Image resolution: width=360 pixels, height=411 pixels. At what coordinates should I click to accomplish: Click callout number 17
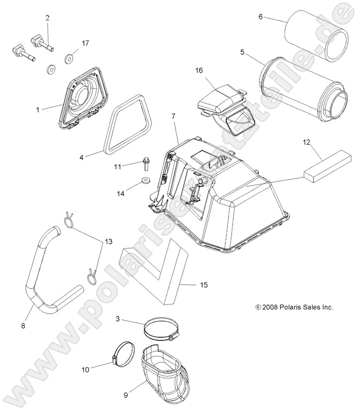pyautogui.click(x=85, y=43)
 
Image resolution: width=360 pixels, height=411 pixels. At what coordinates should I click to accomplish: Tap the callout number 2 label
pyautogui.click(x=48, y=18)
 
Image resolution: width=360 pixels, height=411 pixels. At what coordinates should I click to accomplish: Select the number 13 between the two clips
pyautogui.click(x=108, y=242)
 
